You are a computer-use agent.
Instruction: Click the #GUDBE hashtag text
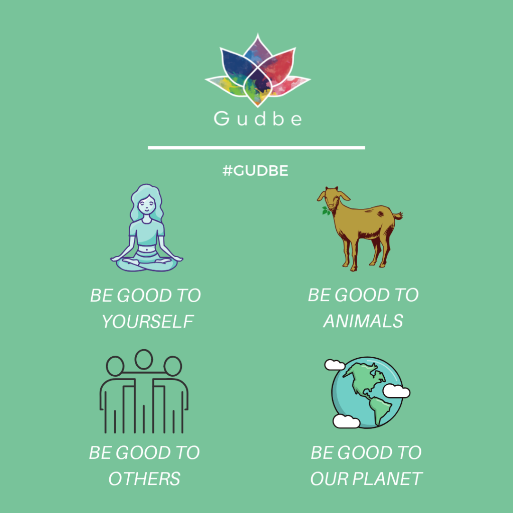(255, 171)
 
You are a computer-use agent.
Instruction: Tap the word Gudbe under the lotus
(258, 118)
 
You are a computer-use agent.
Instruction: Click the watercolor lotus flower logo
(258, 70)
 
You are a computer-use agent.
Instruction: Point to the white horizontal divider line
(256, 148)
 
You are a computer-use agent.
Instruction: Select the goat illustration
(359, 228)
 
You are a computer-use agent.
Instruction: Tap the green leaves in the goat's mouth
(326, 211)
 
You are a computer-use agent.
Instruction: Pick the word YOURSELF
(148, 322)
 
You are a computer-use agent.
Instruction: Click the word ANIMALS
(363, 321)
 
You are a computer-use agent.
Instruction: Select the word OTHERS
(144, 479)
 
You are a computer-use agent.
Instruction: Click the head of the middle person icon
(144, 359)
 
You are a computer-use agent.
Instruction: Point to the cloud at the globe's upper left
(334, 365)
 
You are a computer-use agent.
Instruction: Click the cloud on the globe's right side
(396, 391)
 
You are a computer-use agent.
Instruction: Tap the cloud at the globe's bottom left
(347, 421)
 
